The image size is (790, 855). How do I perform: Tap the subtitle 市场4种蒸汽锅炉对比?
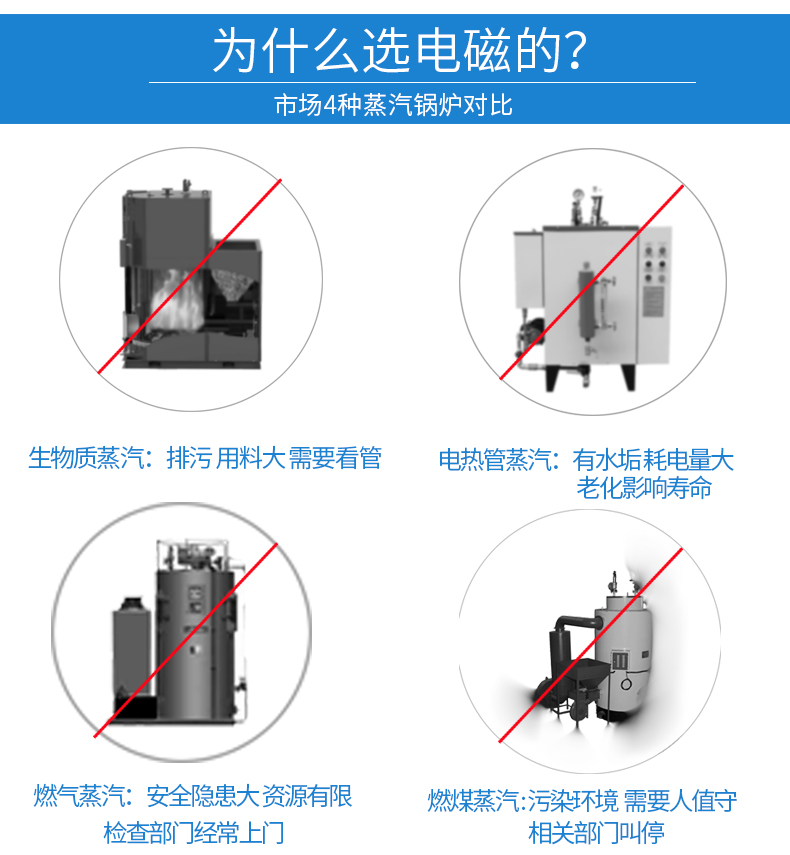point(393,105)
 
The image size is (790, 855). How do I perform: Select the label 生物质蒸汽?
point(86,458)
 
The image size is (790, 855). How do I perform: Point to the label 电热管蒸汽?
point(496,460)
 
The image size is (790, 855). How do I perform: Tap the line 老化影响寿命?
point(644,487)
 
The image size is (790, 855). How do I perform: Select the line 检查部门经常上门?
point(194,833)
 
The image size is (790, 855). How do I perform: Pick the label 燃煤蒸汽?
point(473,800)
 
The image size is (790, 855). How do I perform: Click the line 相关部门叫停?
point(596,833)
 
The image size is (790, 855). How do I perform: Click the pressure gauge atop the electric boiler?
point(577,195)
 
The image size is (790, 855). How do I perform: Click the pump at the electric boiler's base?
point(531,334)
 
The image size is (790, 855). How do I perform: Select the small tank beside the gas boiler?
point(131,649)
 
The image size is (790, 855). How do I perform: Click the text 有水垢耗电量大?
point(653,460)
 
